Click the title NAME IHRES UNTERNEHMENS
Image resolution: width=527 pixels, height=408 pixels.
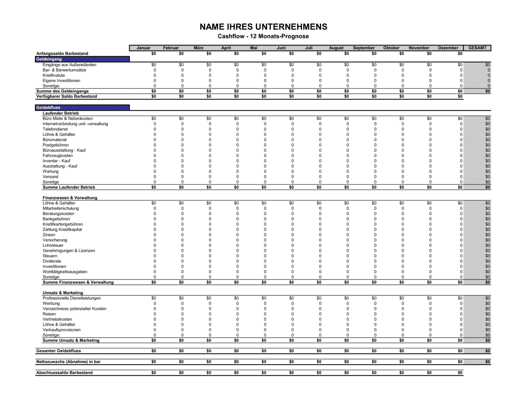(x=263, y=27)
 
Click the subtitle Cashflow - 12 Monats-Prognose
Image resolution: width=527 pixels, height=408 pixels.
(x=263, y=36)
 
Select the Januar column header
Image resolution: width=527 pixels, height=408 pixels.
(x=143, y=48)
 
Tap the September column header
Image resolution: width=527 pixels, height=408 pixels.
(x=364, y=48)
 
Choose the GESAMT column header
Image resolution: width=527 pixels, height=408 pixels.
(x=477, y=48)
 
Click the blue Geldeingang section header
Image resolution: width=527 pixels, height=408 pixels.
(x=82, y=59)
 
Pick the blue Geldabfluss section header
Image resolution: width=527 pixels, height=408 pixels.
(x=82, y=108)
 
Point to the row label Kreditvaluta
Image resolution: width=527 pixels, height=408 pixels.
(x=54, y=75)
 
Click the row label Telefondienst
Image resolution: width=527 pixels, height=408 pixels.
(x=55, y=129)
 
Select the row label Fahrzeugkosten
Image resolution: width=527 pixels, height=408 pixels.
(x=58, y=155)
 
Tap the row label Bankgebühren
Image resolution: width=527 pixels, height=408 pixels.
(x=56, y=219)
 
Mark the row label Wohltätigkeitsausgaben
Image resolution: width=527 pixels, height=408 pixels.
(x=65, y=272)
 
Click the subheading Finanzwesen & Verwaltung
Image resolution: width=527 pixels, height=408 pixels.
(x=70, y=198)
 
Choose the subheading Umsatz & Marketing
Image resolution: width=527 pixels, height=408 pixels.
(x=63, y=293)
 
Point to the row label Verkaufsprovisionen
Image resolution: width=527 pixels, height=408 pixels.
(x=62, y=330)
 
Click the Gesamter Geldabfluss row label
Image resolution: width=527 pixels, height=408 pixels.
(x=58, y=351)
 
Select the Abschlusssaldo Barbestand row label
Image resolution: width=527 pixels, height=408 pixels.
(x=64, y=373)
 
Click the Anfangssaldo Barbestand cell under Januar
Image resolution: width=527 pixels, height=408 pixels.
(x=154, y=53)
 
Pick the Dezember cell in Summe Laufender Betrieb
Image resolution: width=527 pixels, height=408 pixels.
(x=460, y=187)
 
